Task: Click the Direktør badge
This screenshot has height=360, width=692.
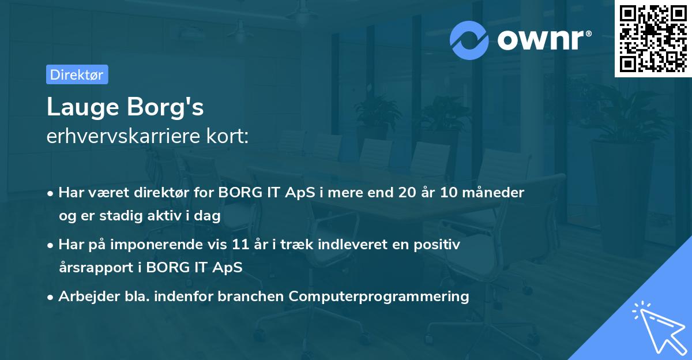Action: point(77,74)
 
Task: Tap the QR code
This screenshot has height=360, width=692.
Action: point(653,38)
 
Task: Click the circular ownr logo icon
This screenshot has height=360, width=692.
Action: point(469,40)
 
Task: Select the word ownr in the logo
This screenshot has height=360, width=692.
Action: point(540,40)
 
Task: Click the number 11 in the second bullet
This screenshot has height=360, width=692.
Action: point(263,245)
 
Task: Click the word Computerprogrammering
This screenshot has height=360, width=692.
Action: point(379,297)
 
